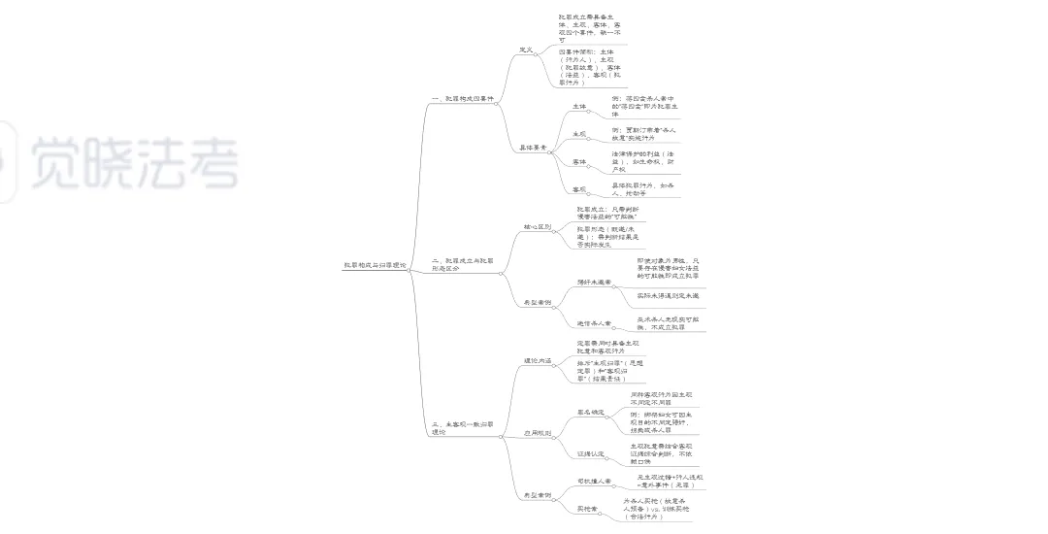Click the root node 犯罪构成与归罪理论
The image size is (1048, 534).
point(376,265)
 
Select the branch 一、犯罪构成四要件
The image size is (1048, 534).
point(462,99)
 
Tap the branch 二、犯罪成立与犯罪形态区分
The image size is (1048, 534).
point(462,264)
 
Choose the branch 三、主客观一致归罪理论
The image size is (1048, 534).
point(462,427)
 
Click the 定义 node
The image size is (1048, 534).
point(526,49)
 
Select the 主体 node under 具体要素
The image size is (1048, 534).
point(579,106)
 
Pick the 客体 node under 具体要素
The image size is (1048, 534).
point(579,161)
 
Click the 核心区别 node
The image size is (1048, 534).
point(537,226)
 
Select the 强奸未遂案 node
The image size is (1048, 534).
point(593,282)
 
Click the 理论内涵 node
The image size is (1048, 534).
point(537,360)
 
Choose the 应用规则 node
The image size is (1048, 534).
point(537,433)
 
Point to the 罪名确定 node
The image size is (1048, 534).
point(590,412)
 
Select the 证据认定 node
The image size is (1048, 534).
point(590,452)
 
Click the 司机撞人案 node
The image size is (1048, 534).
point(593,481)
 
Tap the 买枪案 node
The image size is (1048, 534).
point(587,508)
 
